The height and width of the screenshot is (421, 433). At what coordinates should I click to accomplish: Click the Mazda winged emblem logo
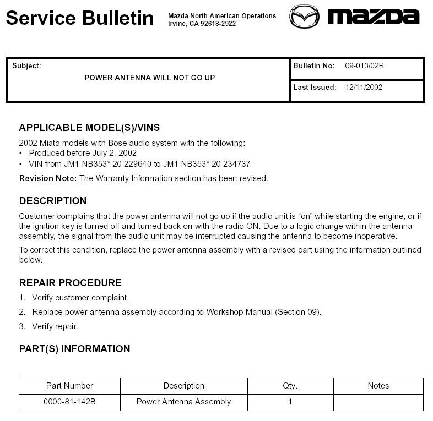coord(304,17)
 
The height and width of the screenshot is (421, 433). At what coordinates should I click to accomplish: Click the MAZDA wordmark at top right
coord(373,17)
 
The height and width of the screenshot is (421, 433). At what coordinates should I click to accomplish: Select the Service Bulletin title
coord(80,18)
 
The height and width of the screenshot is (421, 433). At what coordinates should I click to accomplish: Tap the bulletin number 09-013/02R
coord(364,66)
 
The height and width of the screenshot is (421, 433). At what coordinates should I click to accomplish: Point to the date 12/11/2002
coord(364,87)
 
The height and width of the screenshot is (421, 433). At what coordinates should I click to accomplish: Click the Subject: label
coord(26,66)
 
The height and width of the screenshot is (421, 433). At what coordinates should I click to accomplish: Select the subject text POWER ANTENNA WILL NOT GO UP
coord(150,78)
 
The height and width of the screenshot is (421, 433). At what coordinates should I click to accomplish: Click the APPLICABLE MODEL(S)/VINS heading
coord(89,128)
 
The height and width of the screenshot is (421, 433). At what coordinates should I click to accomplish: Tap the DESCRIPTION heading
coord(53,201)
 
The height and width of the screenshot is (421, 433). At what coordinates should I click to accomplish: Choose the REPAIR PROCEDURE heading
coord(71,283)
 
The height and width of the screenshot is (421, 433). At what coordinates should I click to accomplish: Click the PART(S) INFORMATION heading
coord(75,349)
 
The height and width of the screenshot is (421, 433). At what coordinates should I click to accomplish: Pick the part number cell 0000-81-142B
coord(69,402)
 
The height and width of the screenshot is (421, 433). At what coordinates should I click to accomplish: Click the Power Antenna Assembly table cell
coord(183,402)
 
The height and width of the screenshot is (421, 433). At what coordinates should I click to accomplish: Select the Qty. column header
coord(290,386)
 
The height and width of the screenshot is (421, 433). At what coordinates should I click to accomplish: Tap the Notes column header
coord(378,386)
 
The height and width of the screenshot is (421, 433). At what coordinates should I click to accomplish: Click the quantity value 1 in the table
coord(290,402)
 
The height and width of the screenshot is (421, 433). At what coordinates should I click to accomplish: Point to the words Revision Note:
coord(48,178)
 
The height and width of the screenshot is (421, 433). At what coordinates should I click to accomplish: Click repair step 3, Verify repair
coord(55,326)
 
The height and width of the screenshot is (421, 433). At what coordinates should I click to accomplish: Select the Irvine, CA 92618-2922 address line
coord(202,24)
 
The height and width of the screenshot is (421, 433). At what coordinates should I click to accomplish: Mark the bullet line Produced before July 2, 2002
coord(83,153)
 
